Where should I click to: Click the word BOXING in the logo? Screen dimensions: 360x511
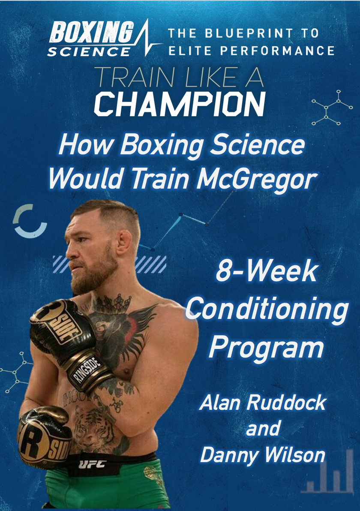(92, 32)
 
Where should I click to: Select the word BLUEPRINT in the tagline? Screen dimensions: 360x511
(249, 33)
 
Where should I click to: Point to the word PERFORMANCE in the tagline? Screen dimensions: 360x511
(277, 51)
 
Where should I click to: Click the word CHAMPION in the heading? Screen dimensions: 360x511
(180, 104)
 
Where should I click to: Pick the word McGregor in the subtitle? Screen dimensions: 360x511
(257, 179)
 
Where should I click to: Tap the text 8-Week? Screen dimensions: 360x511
(267, 271)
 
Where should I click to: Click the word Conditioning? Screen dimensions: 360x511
(267, 310)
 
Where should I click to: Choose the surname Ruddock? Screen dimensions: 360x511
(286, 403)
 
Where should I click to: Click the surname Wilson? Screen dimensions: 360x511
(295, 455)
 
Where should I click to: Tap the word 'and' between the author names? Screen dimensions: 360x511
(263, 428)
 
